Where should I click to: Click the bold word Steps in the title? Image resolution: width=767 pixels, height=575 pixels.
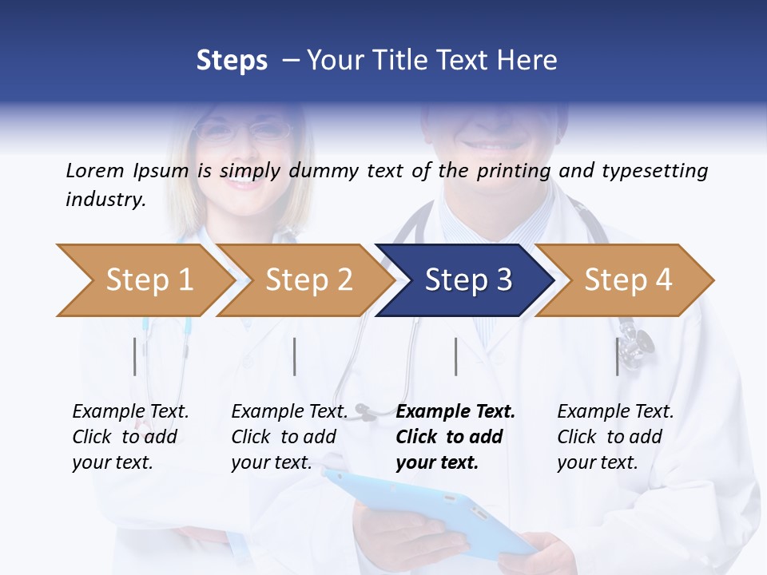click(x=232, y=61)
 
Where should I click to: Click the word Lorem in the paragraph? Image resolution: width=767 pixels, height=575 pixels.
click(x=94, y=170)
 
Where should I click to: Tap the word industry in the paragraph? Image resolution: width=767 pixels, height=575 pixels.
click(x=105, y=200)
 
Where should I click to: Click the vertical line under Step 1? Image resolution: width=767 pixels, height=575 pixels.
click(x=135, y=356)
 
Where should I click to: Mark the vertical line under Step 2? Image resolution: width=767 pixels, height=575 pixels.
click(x=295, y=356)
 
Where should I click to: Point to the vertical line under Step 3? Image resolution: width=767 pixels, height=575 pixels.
click(x=455, y=356)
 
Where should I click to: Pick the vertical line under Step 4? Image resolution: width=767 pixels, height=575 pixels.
click(x=617, y=356)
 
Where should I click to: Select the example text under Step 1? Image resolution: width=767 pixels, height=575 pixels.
click(x=130, y=437)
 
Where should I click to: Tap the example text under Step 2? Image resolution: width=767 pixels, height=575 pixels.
click(x=289, y=437)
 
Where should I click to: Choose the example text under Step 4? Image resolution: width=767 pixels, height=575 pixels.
click(x=615, y=437)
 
